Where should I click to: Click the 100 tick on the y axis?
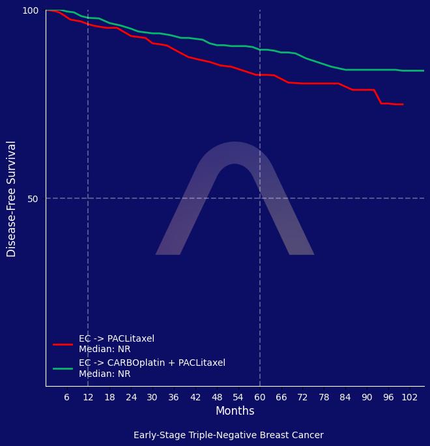tap(31, 10)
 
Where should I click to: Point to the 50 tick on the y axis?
tap(33, 198)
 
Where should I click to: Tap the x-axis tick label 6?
tap(66, 398)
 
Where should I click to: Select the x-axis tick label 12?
tap(88, 398)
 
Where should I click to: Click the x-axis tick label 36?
tap(174, 398)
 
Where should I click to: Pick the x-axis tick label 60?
tap(260, 398)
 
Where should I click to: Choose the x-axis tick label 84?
tap(345, 398)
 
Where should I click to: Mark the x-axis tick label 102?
tap(410, 398)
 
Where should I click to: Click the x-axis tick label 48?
tap(217, 398)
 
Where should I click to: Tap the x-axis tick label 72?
tap(302, 398)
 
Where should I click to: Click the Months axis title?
tap(235, 411)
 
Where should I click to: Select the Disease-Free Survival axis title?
tap(12, 198)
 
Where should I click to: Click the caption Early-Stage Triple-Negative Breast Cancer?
tap(228, 435)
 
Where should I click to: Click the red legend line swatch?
tap(63, 344)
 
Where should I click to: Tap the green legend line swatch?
tap(63, 368)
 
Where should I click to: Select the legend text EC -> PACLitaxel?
tap(117, 339)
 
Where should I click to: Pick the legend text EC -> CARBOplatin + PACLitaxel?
tap(152, 363)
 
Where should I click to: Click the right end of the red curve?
tap(403, 104)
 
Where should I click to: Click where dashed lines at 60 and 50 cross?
tap(260, 198)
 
